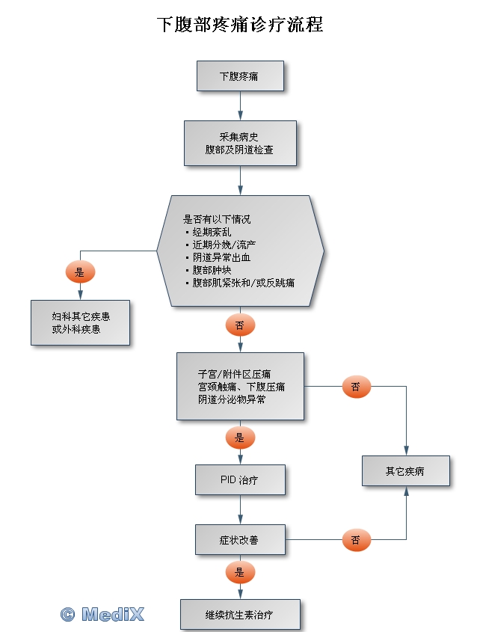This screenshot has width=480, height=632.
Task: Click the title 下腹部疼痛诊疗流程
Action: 240,25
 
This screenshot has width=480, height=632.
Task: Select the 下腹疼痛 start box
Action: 240,77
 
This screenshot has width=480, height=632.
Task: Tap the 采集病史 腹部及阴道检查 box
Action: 240,144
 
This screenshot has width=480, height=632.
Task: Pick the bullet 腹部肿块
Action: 213,270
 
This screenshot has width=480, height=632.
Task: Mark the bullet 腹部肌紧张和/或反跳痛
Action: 243,283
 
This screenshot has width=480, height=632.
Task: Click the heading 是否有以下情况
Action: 218,220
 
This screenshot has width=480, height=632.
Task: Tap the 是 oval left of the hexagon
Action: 80,272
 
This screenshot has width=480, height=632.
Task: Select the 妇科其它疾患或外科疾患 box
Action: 80,322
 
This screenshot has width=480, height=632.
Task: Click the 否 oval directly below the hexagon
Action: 240,325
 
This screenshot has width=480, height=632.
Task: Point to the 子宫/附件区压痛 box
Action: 240,386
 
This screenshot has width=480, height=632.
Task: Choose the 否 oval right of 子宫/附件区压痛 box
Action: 357,387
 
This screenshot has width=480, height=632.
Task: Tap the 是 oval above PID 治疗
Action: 240,438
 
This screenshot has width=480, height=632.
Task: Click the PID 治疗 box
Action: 240,479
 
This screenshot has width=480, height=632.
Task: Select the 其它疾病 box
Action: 406,471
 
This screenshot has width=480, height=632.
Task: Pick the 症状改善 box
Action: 240,539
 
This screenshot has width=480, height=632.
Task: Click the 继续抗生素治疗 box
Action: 240,614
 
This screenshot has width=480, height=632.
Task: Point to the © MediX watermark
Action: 102,614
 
